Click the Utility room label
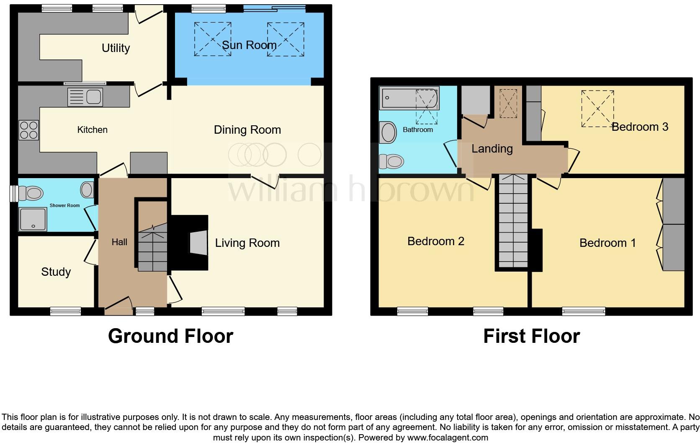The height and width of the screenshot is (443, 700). point(116,48)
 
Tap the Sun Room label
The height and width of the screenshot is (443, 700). point(249,45)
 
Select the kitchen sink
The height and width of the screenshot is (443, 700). point(85,97)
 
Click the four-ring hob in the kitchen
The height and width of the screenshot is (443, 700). point(28,130)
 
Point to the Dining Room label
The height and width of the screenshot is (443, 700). point(247,130)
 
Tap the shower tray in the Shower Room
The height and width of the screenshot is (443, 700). point(33,220)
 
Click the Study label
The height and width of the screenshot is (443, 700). point(56,272)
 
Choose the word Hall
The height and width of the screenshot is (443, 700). point(119,242)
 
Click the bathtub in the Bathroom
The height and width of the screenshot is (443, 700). point(409,98)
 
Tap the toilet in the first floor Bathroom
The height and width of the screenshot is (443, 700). point(391,161)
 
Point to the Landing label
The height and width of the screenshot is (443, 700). point(492,149)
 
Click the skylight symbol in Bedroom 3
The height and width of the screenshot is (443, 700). point(597,109)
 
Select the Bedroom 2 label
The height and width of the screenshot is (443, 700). point(435,241)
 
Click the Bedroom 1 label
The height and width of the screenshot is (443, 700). point(607,243)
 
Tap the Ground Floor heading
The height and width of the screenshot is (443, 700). point(170,336)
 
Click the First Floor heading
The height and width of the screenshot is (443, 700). point(531,336)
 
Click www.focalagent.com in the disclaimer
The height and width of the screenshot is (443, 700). point(447,438)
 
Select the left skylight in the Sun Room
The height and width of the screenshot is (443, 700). point(213,39)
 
